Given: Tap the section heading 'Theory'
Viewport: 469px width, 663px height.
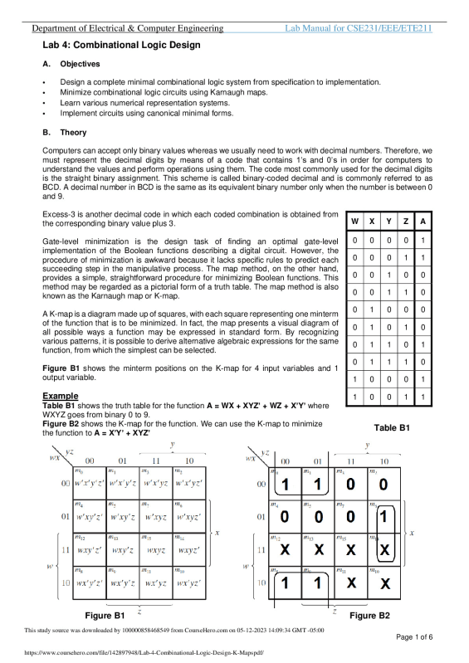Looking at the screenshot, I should [x=73, y=132].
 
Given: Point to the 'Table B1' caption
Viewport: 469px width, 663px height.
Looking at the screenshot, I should [x=392, y=427].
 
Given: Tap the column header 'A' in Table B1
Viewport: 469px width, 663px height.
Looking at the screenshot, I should [x=423, y=222].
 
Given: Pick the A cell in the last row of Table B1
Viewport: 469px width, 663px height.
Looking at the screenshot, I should [x=423, y=398].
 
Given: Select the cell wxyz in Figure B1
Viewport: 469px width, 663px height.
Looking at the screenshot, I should [x=152, y=548].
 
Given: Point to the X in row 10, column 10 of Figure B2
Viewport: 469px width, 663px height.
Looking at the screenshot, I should [x=384, y=583].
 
